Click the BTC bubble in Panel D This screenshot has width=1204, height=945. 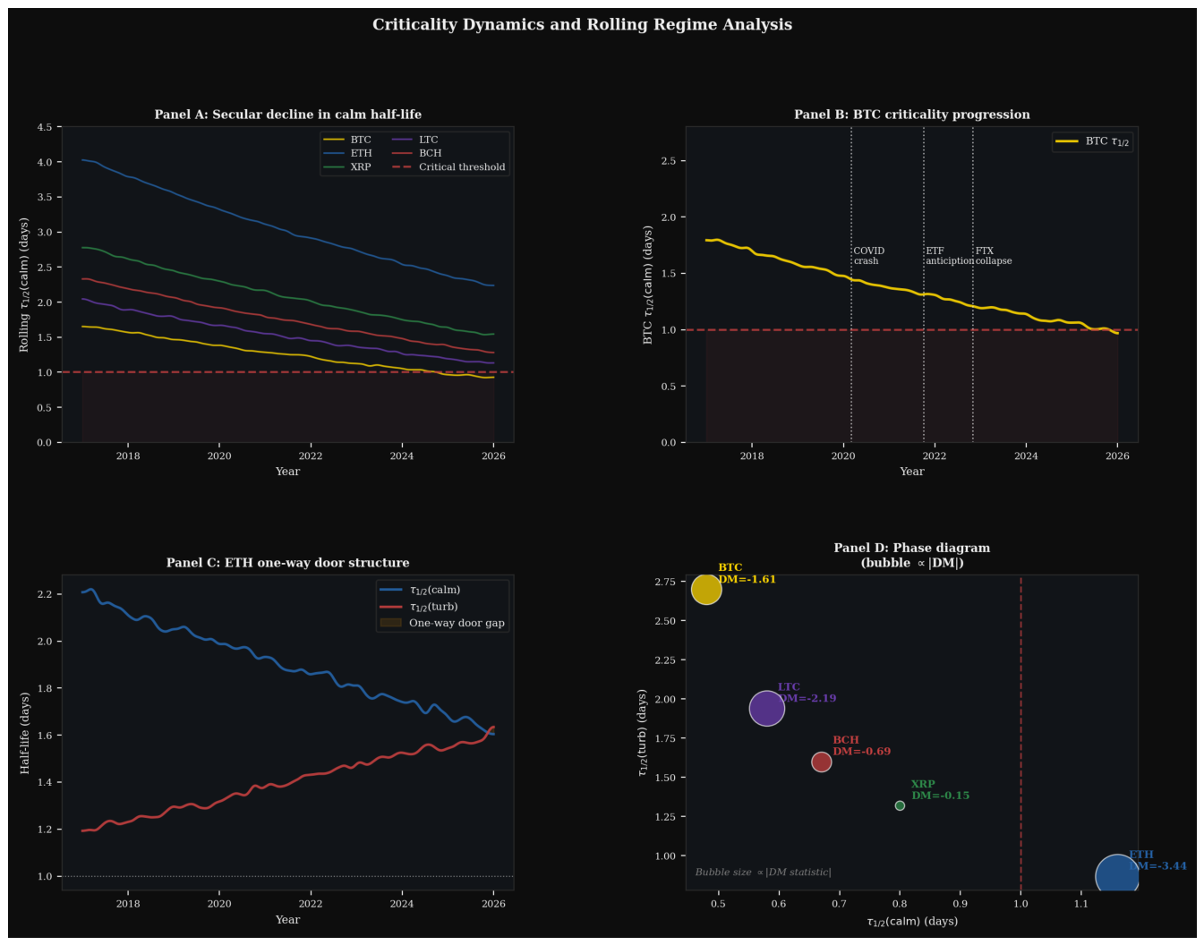(x=706, y=590)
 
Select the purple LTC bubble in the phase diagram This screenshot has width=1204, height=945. (x=767, y=709)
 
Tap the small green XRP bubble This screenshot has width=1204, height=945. (x=900, y=806)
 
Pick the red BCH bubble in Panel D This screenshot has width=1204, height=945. (x=822, y=762)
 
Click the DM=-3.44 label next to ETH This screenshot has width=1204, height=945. (x=1158, y=866)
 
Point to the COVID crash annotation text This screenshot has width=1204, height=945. (x=869, y=256)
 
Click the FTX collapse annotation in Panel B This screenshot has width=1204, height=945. (x=994, y=256)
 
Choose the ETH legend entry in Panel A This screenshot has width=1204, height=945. (x=348, y=153)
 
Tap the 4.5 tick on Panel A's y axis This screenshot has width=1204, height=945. (x=45, y=127)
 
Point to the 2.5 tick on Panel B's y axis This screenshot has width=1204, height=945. (x=669, y=161)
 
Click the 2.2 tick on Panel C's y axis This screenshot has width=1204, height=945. (x=45, y=594)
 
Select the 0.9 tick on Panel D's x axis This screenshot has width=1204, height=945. (x=961, y=905)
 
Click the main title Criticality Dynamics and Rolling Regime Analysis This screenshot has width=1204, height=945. (x=582, y=25)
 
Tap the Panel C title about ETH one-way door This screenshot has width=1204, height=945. (x=287, y=563)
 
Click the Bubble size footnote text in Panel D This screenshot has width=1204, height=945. (x=763, y=873)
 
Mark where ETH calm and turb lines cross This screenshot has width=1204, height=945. (x=488, y=732)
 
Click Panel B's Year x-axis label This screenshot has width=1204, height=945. (x=912, y=472)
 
